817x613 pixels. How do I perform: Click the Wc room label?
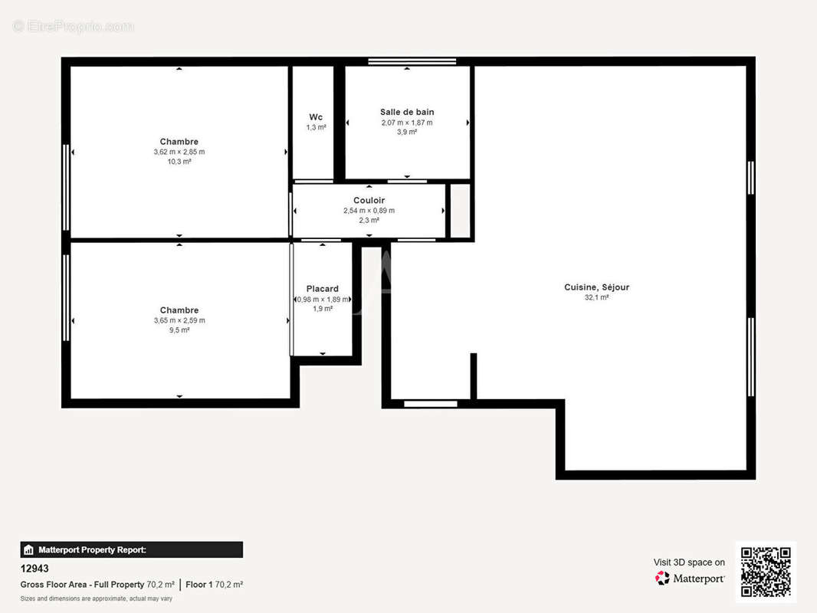pos(316,117)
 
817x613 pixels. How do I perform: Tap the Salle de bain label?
pos(407,112)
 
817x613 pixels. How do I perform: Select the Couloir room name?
pos(369,201)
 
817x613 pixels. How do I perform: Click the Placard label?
pos(323,289)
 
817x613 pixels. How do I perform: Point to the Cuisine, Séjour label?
pos(596,287)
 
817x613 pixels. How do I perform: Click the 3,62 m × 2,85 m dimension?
pos(179,152)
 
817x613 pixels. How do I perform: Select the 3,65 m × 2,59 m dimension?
pos(179,320)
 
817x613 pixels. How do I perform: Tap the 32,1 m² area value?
pos(596,297)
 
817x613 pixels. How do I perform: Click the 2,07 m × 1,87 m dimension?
pos(407,123)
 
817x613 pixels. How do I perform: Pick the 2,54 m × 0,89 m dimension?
pos(369,211)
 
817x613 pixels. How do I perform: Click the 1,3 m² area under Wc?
pos(316,127)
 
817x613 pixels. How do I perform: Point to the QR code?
pos(766,572)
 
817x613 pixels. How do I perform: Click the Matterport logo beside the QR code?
pos(689,578)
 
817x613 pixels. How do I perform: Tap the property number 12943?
pos(34,569)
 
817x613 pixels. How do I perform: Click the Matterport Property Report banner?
pos(131,549)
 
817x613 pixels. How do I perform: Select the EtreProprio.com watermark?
pos(73,26)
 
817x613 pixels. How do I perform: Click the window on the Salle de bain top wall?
pos(412,61)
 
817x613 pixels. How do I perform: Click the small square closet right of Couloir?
pos(460,211)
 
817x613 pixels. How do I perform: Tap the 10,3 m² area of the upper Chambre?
pos(179,162)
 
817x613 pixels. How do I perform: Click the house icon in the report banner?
pos(28,550)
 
